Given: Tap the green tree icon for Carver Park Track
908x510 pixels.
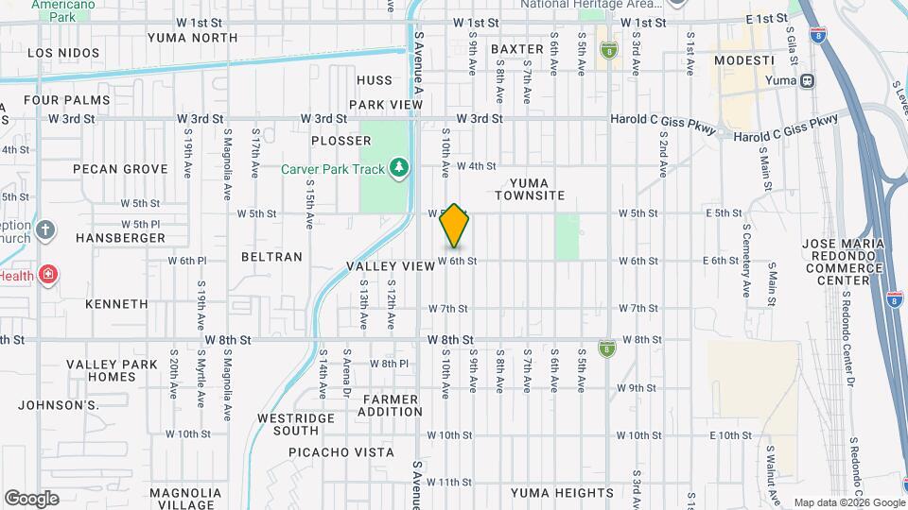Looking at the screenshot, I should tap(400, 168).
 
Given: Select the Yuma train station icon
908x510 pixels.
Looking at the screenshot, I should tap(807, 80).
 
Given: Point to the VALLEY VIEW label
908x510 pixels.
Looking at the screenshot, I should tap(390, 266).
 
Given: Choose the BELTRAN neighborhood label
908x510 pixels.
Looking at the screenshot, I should tap(271, 256).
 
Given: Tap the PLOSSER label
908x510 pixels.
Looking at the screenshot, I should tap(340, 141).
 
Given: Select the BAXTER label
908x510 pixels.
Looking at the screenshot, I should tap(517, 48).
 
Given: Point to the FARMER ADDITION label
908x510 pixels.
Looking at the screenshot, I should tap(390, 405).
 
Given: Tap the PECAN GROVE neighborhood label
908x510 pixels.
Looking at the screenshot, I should tap(120, 169).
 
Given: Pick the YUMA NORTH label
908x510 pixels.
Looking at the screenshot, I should tap(193, 38).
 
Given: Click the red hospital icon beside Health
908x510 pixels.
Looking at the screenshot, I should tap(48, 276).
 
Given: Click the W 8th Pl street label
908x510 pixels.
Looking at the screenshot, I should tap(389, 364).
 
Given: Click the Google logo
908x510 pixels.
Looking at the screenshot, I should tap(31, 499).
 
